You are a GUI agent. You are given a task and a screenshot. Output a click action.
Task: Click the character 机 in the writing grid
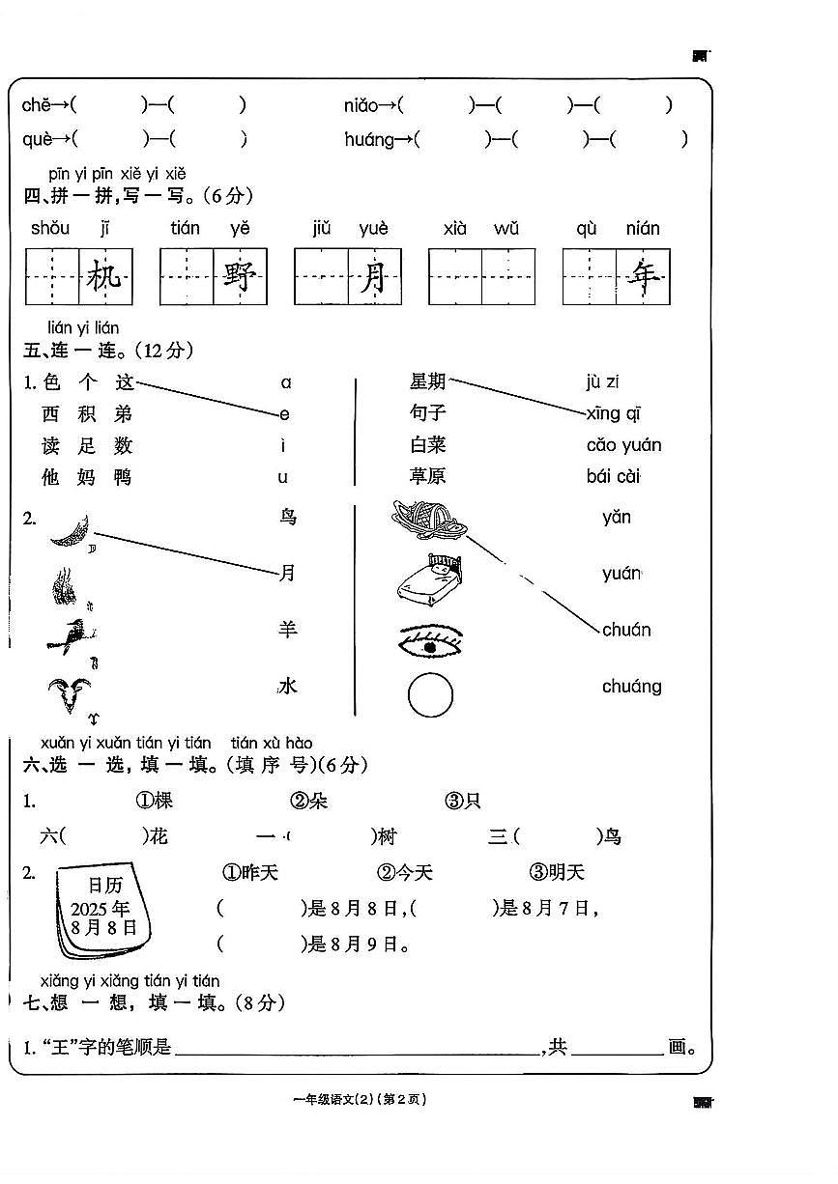(104, 277)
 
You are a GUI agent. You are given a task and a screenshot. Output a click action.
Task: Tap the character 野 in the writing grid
(239, 277)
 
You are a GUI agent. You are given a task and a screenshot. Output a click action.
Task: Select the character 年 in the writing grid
(643, 277)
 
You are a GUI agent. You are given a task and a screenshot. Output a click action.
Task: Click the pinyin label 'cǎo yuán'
(623, 445)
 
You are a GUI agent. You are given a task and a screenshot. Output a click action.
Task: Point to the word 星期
(428, 381)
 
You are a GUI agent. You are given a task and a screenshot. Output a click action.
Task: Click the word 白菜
(428, 445)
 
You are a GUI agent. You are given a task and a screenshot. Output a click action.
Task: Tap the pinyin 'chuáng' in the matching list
(631, 687)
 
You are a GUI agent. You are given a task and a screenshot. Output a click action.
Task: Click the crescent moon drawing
(71, 530)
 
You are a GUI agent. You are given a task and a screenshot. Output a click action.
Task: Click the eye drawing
(430, 639)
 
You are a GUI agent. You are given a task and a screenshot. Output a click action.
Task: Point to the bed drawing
(429, 579)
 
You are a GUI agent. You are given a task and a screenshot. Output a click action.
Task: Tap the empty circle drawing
(430, 695)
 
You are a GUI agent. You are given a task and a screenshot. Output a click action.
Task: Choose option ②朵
(309, 801)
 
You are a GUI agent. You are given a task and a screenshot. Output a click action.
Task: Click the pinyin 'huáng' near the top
(369, 140)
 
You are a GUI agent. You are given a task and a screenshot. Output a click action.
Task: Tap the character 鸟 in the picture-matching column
(287, 518)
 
